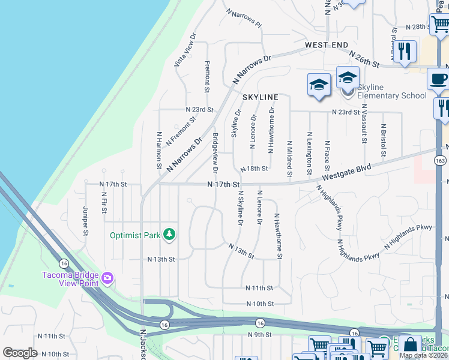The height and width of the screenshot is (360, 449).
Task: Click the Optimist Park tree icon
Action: (x=169, y=235)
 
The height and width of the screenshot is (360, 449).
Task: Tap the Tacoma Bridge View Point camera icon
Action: (x=107, y=278)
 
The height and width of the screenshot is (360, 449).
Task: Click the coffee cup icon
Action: (x=438, y=78)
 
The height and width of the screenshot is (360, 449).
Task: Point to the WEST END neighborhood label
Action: (x=326, y=45)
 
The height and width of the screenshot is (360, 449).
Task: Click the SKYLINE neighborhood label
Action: (x=260, y=97)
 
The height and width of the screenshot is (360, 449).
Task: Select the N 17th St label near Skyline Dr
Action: (x=223, y=184)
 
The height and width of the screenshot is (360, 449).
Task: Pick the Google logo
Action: (x=20, y=352)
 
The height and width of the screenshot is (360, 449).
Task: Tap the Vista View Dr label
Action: (x=185, y=49)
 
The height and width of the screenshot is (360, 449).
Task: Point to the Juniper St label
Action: (x=86, y=221)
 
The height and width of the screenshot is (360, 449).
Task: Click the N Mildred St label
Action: (x=289, y=159)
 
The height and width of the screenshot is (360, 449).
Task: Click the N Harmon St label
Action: (x=159, y=149)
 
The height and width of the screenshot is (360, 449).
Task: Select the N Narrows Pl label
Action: (x=244, y=19)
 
